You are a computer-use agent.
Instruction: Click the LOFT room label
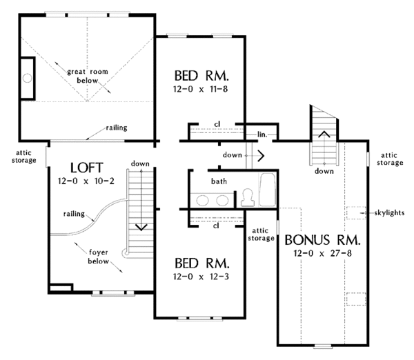(x=86, y=168)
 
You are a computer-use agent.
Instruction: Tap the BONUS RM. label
(x=322, y=240)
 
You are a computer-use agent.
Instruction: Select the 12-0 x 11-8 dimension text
(x=200, y=89)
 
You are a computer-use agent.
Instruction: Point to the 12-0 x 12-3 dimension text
(x=201, y=277)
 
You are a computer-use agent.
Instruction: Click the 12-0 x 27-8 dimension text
(x=323, y=253)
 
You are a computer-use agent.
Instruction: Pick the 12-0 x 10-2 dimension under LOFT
(x=86, y=181)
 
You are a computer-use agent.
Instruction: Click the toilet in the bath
(x=248, y=197)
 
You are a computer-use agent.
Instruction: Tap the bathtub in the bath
(x=268, y=189)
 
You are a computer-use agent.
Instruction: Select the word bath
(x=219, y=181)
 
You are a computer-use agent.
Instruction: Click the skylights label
(x=389, y=212)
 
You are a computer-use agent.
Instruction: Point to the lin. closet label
(x=262, y=134)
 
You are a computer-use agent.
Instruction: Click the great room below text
(x=88, y=76)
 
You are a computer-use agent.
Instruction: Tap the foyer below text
(x=99, y=257)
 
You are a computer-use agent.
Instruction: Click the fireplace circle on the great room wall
(x=27, y=78)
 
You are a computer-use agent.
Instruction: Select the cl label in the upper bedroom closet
(x=217, y=124)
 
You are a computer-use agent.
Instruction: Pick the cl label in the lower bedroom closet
(x=216, y=226)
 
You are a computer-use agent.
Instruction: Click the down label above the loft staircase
(x=140, y=164)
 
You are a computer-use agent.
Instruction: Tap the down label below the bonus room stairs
(x=324, y=171)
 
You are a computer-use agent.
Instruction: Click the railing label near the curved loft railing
(x=75, y=214)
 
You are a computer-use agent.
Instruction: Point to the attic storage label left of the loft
(x=23, y=157)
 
